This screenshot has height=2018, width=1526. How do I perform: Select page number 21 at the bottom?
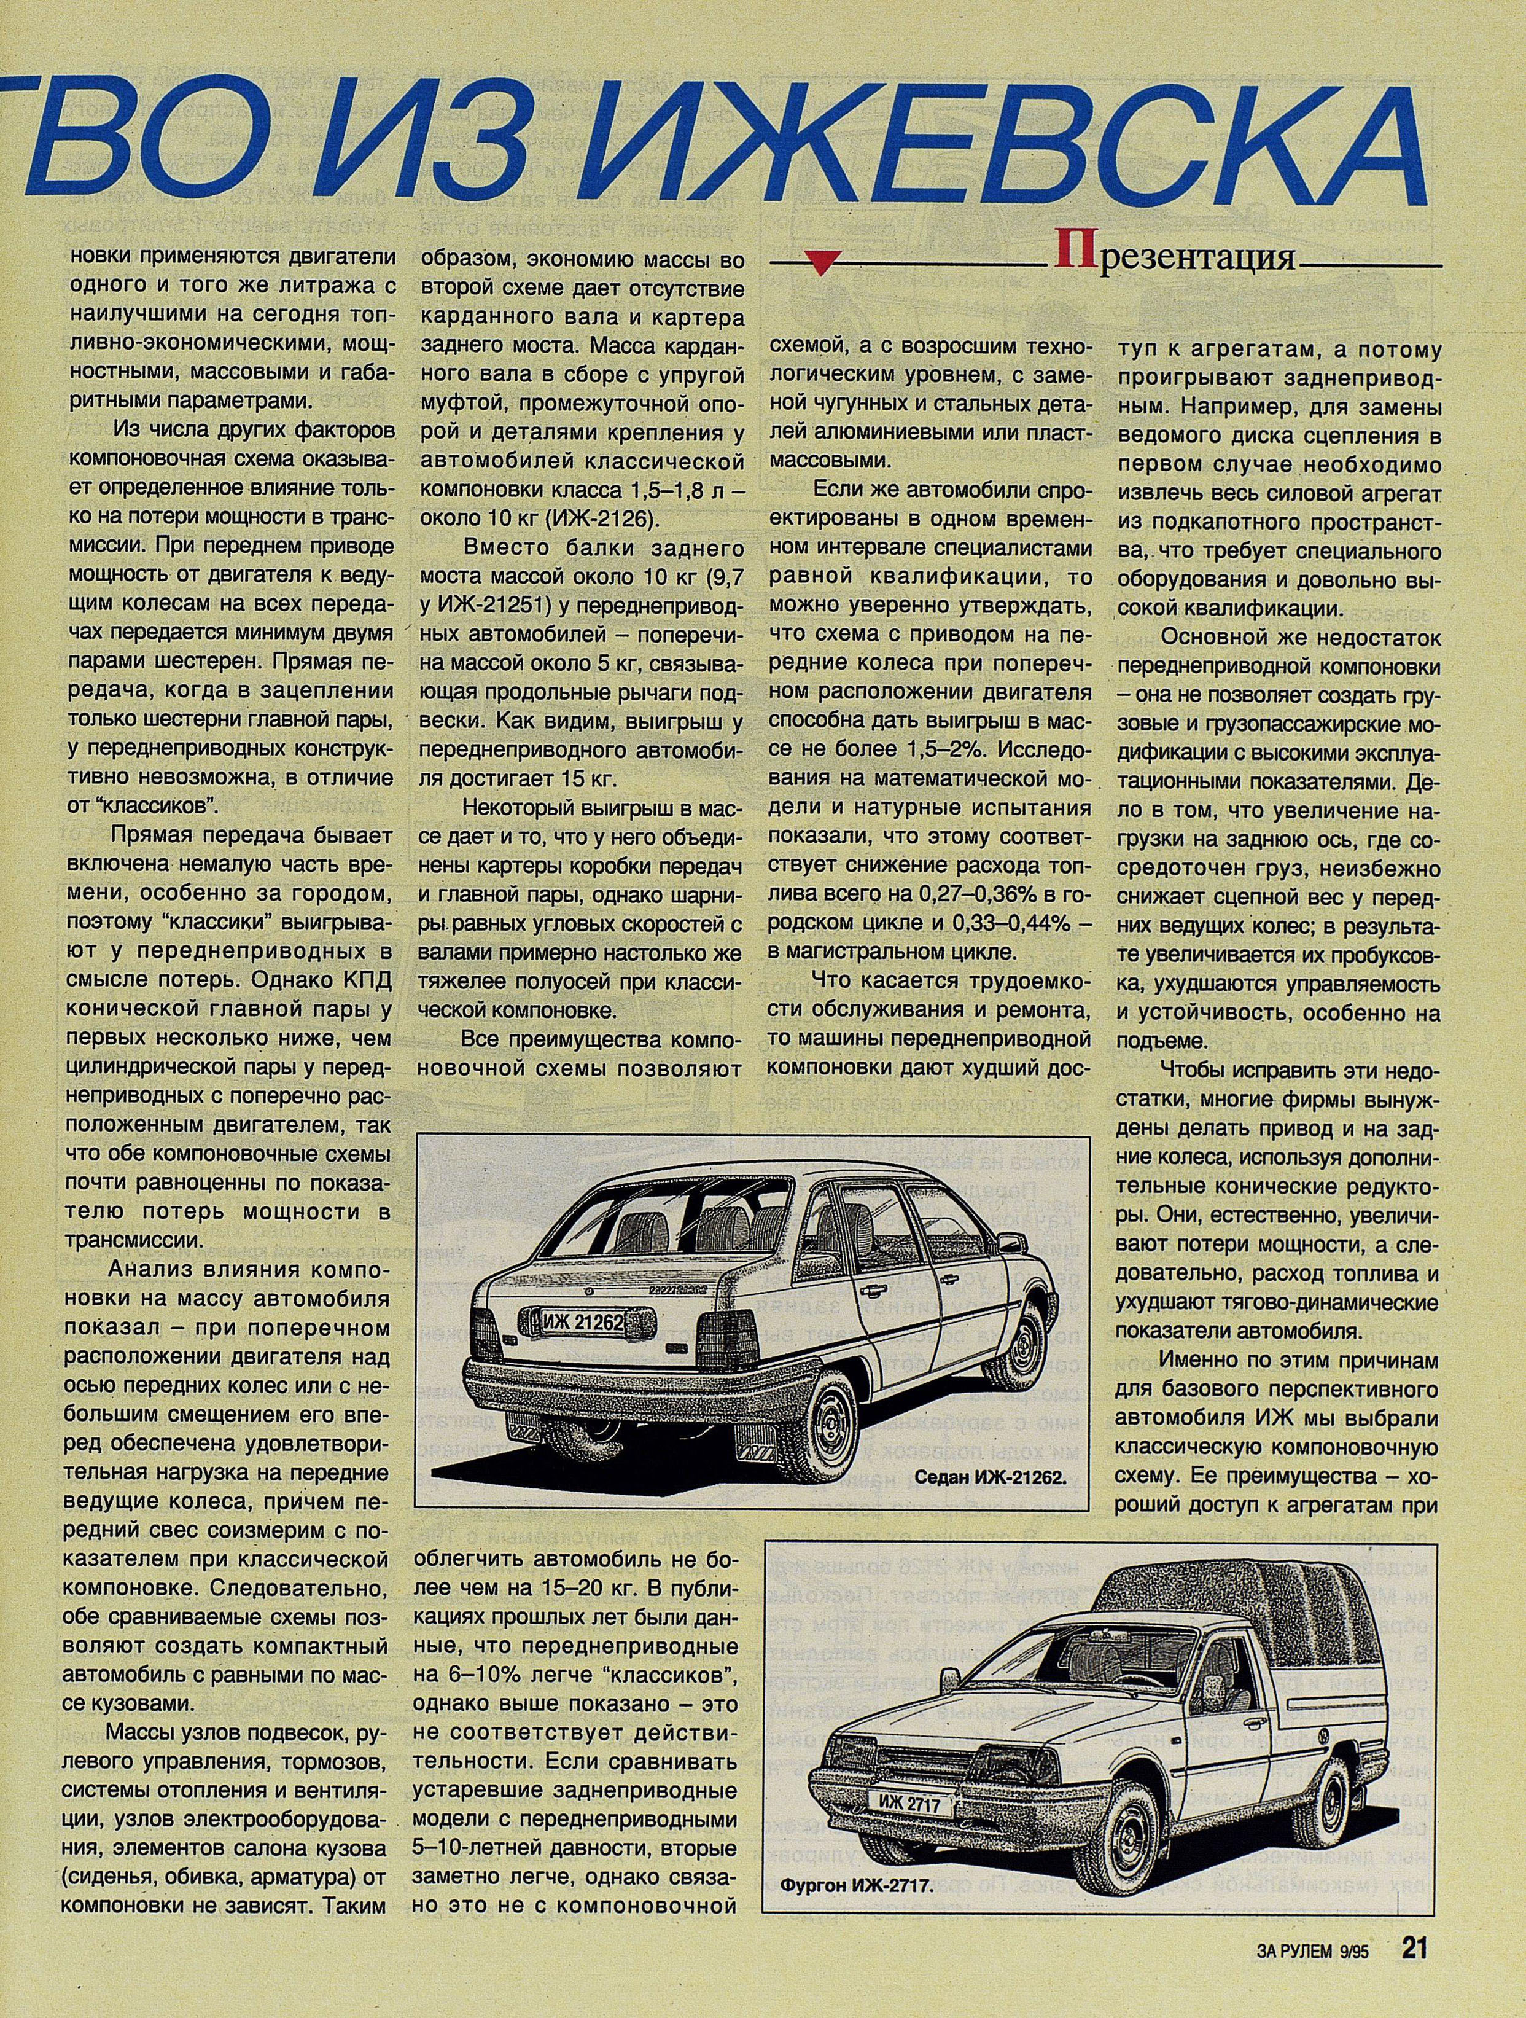pos(1413,1973)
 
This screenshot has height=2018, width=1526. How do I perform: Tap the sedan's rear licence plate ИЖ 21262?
pos(584,1320)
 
